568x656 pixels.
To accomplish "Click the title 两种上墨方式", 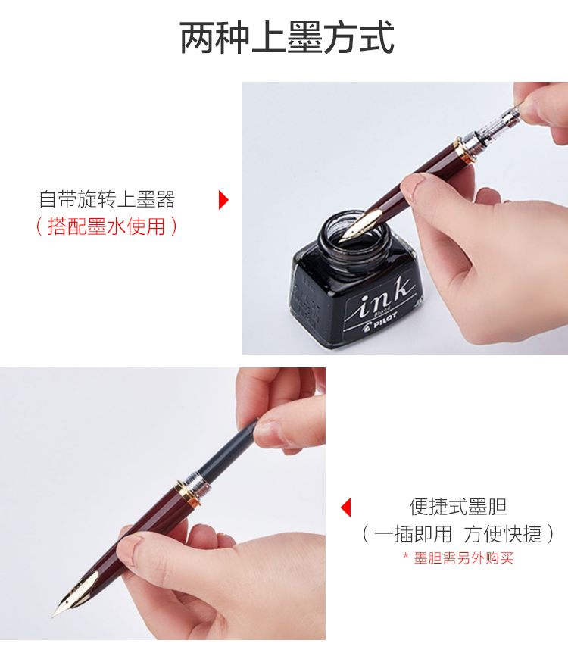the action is [287, 38].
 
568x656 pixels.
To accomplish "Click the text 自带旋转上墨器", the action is [107, 199].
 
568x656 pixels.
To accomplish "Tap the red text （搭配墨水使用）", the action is [107, 226].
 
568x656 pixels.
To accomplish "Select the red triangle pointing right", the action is [223, 200].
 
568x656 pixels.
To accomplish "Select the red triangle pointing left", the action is [345, 507].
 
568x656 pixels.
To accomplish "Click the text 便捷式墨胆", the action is [458, 507].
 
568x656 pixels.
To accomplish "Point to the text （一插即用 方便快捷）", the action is [458, 534].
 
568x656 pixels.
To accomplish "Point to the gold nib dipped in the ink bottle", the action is [360, 226].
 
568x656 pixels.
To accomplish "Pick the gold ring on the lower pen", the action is [186, 494].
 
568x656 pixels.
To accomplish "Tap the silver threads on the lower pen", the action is [200, 485].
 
